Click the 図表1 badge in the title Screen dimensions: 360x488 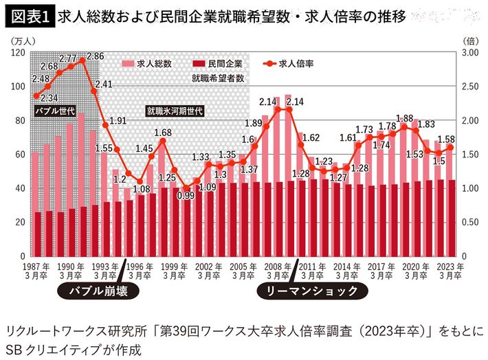[x=29, y=15]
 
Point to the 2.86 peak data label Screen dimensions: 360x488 [x=96, y=56]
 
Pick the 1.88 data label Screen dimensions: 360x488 [x=405, y=118]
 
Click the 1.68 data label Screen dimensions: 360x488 [x=162, y=133]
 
